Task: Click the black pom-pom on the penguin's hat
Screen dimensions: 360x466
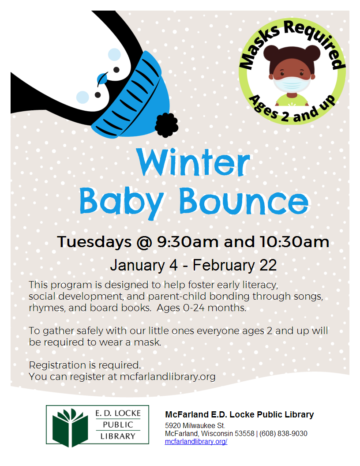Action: [x=166, y=125]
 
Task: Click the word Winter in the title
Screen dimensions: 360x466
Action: [x=193, y=162]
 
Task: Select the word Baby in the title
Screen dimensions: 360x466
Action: [x=121, y=203]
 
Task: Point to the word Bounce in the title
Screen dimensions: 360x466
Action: [x=244, y=201]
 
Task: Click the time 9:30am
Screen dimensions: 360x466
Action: [x=187, y=242]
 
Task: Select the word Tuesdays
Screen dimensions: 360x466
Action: [x=94, y=242]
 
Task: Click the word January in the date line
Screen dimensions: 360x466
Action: [x=137, y=265]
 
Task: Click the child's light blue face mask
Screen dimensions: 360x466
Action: [x=292, y=84]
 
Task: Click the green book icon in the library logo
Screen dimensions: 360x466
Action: [x=71, y=428]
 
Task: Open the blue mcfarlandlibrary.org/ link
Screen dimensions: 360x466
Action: [x=196, y=442]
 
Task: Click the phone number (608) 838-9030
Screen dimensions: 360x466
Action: [x=283, y=434]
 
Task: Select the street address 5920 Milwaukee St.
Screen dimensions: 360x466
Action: [x=195, y=425]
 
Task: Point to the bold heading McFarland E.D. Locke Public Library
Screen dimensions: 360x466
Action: [x=240, y=414]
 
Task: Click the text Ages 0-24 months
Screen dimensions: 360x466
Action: [x=201, y=308]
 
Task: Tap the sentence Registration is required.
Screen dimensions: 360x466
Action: [x=85, y=365]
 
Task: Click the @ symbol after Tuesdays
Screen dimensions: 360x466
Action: [x=144, y=242]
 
